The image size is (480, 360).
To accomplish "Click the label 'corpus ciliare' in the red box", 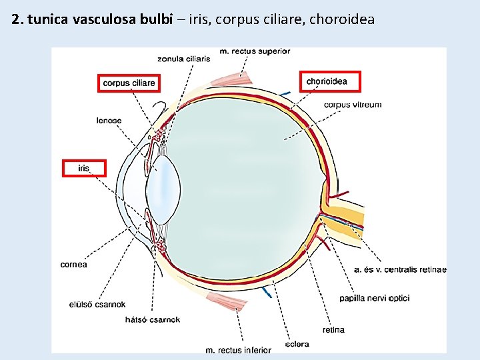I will (x=129, y=83).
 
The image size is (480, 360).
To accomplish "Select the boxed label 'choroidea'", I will (x=327, y=81).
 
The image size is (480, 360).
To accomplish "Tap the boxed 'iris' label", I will (x=83, y=168).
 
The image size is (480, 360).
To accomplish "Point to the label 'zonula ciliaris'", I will (x=184, y=59).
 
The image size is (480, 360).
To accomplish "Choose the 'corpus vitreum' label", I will (x=353, y=105).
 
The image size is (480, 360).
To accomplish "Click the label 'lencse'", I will (x=109, y=121).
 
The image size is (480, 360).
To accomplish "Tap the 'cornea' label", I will (x=73, y=265).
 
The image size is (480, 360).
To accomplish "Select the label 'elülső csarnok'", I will (x=97, y=305).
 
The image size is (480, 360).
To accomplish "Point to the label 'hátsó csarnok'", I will (x=153, y=320).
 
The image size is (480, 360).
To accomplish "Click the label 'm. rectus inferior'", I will (x=238, y=350).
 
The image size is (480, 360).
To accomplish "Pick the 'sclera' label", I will (x=297, y=345).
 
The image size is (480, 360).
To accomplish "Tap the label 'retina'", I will (x=333, y=330).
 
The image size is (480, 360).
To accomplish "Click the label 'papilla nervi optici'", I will (x=374, y=298).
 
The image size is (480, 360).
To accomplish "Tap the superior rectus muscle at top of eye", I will (x=230, y=77).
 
